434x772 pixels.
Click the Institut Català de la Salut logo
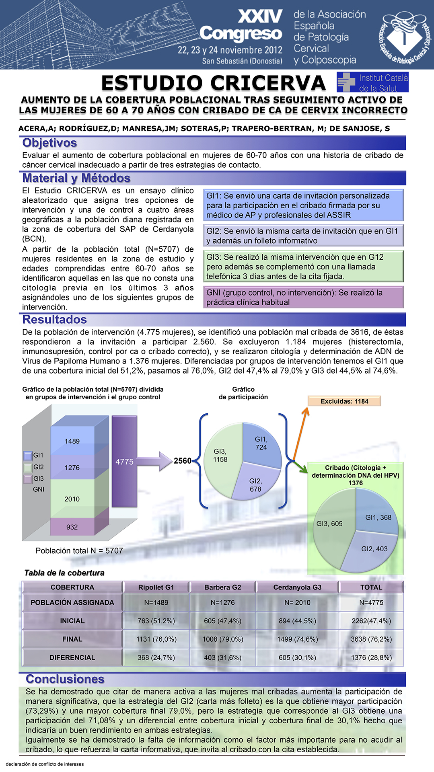tap(372, 82)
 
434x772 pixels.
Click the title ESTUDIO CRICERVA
tap(213, 83)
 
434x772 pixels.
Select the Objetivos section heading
tap(50, 143)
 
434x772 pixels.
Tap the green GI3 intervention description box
tap(304, 267)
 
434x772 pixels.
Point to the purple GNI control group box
tap(304, 298)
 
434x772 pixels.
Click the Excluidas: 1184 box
tap(344, 401)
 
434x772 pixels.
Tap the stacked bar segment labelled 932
tap(72, 527)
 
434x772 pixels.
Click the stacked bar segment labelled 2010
tap(72, 499)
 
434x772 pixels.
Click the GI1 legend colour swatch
tap(28, 456)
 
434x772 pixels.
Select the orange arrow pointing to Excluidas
tap(300, 433)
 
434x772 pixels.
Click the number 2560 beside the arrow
tap(183, 461)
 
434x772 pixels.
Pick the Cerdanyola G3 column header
tap(297, 587)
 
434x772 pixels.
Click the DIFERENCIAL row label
tap(72, 657)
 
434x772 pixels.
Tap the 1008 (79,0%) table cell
tap(222, 639)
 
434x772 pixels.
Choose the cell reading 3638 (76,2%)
tap(371, 639)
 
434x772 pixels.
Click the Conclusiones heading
tap(65, 679)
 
